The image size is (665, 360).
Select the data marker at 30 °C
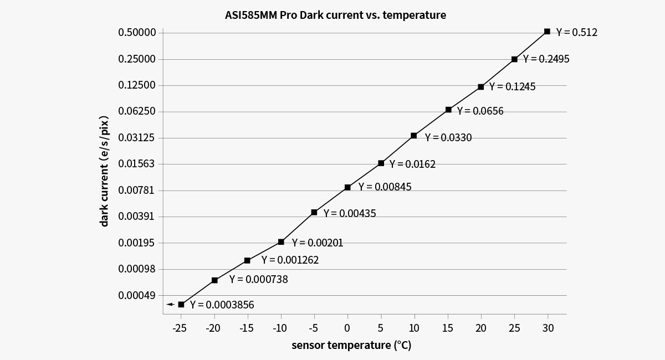coord(547,32)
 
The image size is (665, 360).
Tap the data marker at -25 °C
coord(181,304)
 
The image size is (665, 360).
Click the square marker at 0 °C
coord(347,187)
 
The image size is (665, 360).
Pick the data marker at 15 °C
coord(448,110)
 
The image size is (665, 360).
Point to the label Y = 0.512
coord(576,33)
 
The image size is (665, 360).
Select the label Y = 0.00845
coord(385,187)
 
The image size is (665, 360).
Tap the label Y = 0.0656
coord(480,111)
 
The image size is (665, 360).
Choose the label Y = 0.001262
coord(290,260)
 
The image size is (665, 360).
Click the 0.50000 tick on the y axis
coord(137,33)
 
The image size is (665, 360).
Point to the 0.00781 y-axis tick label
coord(137,190)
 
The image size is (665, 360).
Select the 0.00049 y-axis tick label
coord(137,295)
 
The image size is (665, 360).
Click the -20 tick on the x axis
coord(213,328)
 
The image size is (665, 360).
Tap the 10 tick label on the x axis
coord(414,328)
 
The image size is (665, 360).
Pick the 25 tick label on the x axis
coord(514,328)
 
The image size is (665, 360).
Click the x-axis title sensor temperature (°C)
coord(351,346)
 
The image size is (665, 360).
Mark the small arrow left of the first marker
coord(170,304)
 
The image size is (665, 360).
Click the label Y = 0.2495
coord(546,59)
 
